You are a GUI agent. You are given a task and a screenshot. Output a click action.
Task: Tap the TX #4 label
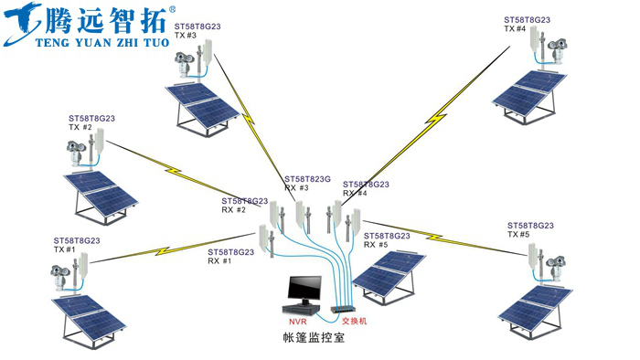[515, 29]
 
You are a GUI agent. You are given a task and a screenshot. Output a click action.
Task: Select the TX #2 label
[80, 127]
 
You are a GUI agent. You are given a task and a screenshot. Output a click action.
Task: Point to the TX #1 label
[65, 249]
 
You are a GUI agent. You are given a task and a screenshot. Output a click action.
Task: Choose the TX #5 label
[517, 234]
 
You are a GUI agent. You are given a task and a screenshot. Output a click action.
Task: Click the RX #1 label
[219, 260]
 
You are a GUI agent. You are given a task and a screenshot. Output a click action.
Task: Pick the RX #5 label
[376, 245]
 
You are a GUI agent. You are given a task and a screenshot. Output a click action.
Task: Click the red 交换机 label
[354, 322]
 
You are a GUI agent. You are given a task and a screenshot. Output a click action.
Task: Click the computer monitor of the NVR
[302, 291]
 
